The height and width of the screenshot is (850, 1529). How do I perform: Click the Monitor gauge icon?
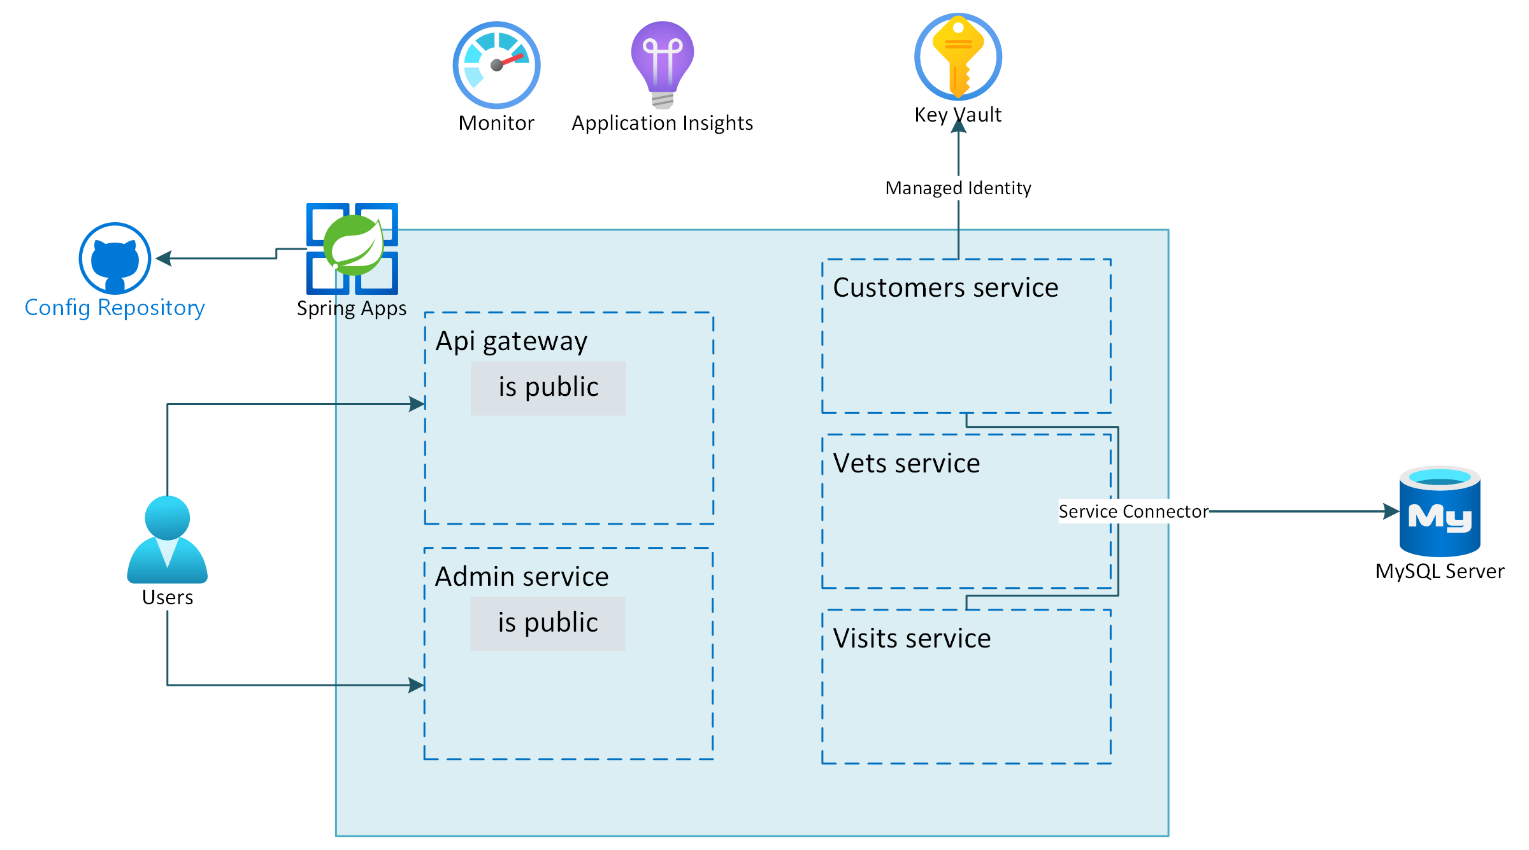click(x=496, y=65)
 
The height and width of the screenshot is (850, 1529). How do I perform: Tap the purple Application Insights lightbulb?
click(x=663, y=64)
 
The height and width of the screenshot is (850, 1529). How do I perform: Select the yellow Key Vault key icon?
click(x=958, y=56)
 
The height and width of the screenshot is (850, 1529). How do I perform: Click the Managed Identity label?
click(x=958, y=188)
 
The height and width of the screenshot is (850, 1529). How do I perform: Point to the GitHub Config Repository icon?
click(x=115, y=258)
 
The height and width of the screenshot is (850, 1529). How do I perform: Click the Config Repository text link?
click(x=115, y=308)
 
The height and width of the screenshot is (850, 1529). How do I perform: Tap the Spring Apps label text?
click(x=351, y=308)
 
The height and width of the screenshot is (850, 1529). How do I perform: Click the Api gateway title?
click(x=511, y=341)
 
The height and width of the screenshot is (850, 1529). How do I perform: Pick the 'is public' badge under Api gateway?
click(x=548, y=388)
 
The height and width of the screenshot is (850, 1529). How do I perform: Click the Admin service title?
click(x=521, y=577)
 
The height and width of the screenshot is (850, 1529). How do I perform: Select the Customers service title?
click(x=945, y=288)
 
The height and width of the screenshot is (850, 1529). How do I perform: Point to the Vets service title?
click(x=906, y=464)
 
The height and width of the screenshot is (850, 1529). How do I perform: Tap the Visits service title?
click(x=912, y=639)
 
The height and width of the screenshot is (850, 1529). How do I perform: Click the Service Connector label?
click(x=1133, y=511)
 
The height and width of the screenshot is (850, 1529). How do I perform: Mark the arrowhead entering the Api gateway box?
click(x=417, y=404)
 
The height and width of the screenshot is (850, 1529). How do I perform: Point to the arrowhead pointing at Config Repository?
click(x=164, y=258)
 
